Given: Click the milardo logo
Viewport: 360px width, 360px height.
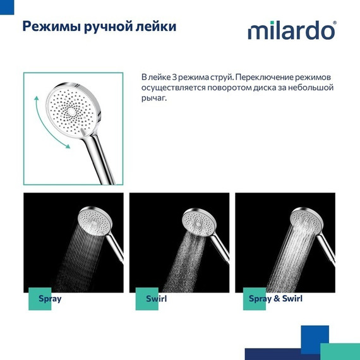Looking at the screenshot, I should (x=291, y=30).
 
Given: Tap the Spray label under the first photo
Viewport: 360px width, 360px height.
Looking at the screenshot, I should (x=50, y=298).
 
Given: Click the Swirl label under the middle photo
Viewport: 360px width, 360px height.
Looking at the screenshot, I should (x=155, y=298).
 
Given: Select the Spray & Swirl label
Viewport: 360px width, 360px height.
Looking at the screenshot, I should (x=275, y=298).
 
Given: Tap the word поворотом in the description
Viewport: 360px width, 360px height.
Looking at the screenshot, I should (x=221, y=88).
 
